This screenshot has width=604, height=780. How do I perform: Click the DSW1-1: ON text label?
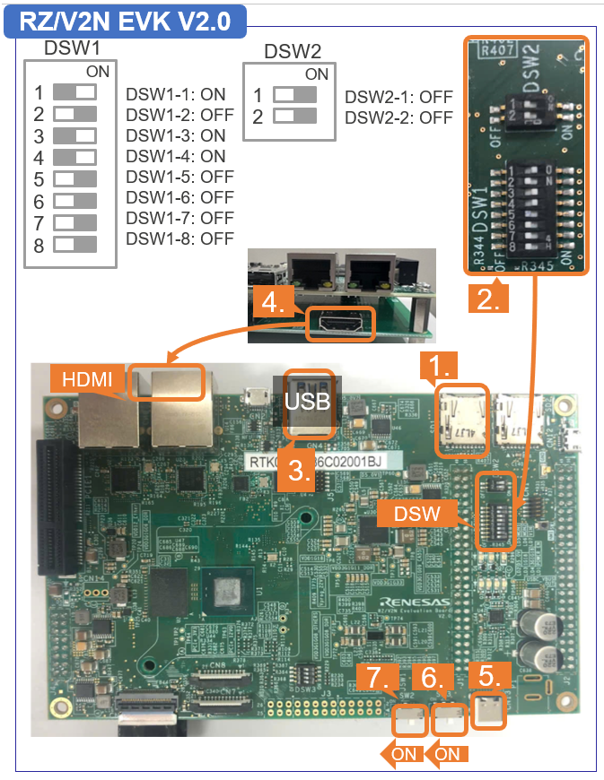(176, 94)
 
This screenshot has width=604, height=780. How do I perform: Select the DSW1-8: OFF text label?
(179, 238)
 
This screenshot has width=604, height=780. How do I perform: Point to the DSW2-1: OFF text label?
(398, 97)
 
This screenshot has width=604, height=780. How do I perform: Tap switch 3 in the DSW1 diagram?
(75, 135)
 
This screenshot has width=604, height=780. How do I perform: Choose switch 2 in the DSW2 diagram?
(295, 116)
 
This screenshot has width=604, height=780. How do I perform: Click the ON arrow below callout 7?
(398, 753)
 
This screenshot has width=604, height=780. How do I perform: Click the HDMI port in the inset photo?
(340, 323)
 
